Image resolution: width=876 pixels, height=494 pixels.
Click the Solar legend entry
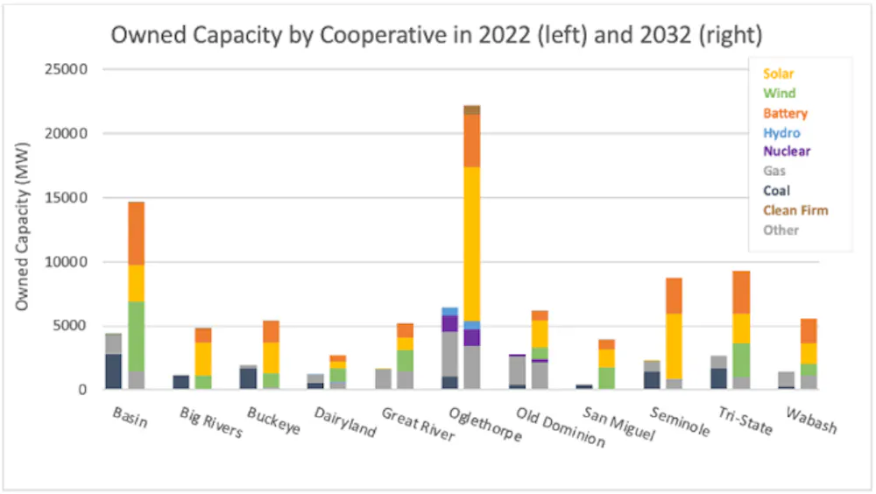(779, 74)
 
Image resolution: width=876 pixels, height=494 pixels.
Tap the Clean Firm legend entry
(795, 210)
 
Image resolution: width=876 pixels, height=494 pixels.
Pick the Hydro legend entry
(781, 133)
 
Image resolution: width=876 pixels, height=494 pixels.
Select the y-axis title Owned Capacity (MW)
(24, 230)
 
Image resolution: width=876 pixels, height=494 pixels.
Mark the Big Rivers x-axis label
(210, 423)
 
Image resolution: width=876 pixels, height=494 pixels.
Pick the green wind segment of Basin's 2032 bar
(136, 336)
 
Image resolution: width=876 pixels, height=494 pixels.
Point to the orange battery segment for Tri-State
(741, 292)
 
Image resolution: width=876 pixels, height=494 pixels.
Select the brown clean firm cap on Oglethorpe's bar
(471, 109)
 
